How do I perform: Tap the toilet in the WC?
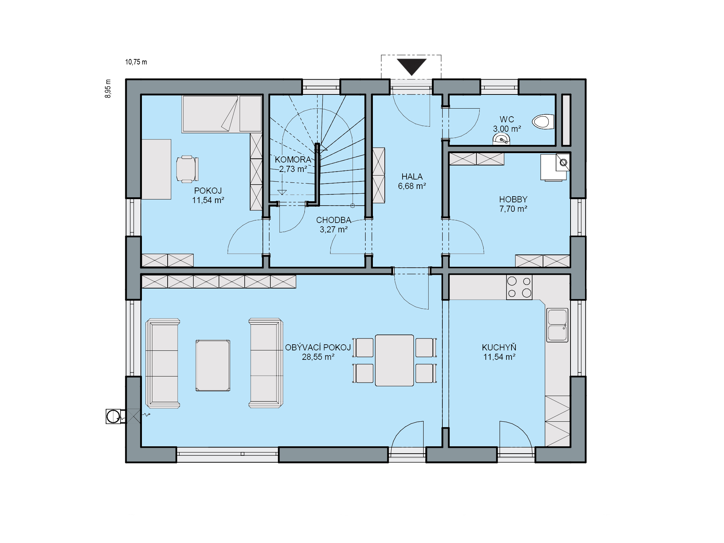coord(543,122)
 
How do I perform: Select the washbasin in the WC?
coord(501,139)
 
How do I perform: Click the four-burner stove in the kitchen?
coord(519,287)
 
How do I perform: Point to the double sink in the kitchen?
coord(557,325)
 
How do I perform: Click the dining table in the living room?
coord(394,360)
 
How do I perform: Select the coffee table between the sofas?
coord(212,365)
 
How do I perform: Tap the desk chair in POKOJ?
coord(187,169)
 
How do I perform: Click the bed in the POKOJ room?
coord(222,114)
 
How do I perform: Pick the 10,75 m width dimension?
coord(136,62)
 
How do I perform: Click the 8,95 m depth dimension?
coord(108,89)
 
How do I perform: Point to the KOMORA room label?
coord(293,160)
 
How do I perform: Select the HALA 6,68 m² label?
coord(412,181)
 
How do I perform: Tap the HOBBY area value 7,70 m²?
coord(513,209)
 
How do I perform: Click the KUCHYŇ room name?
coord(499,347)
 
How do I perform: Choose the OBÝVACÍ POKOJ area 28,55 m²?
coord(318,357)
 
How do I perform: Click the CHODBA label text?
coord(333,220)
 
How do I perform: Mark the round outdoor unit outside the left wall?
coord(113,416)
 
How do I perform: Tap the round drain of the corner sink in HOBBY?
coord(563,163)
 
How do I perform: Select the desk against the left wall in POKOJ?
coord(156,169)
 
